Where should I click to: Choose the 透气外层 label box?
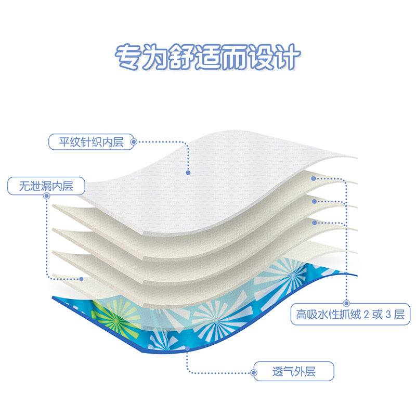(294, 371)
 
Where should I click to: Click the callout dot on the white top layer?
(188, 172)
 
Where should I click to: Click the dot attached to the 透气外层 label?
(253, 371)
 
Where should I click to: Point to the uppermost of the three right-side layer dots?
(314, 178)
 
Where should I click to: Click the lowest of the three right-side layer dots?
(314, 222)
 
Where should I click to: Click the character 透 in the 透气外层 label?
(278, 371)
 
